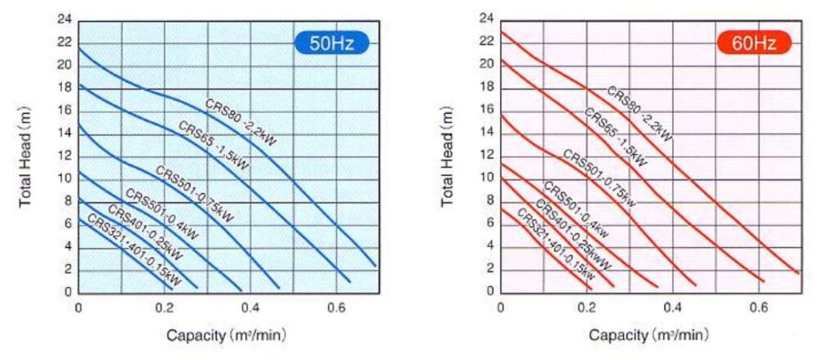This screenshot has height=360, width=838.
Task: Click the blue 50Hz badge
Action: tap(331, 43)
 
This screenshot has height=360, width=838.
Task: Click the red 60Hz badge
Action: tap(754, 43)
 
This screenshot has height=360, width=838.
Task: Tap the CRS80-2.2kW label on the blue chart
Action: tap(241, 122)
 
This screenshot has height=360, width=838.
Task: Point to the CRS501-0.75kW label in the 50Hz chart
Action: tap(196, 194)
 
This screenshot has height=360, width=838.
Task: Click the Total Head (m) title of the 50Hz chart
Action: tap(25, 155)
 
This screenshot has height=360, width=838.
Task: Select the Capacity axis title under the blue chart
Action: tap(227, 335)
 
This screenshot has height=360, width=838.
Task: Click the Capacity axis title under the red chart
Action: tap(649, 335)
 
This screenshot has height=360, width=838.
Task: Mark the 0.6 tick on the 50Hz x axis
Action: tap(336, 307)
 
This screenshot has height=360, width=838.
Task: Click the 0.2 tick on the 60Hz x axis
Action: tap(587, 307)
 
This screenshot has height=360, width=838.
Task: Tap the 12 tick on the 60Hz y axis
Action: tap(488, 155)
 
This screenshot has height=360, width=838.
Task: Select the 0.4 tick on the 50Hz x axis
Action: tap(250, 307)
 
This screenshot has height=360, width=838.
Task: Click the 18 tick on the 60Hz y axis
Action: tap(488, 87)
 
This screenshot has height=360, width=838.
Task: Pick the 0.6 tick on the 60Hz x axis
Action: tap(759, 307)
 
